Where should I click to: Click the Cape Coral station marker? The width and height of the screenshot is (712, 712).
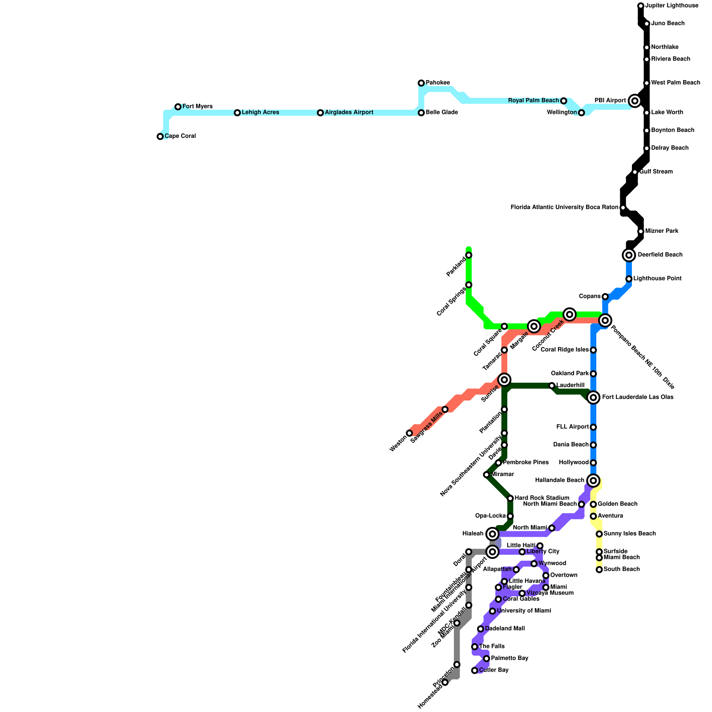click(160, 137)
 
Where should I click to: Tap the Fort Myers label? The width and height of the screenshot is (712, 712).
click(197, 107)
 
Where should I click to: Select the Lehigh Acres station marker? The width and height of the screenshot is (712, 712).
click(237, 113)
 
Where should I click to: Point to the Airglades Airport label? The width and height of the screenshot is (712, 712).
click(349, 113)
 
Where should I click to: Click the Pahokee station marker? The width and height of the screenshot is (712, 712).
click(421, 83)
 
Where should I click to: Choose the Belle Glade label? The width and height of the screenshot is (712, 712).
click(441, 113)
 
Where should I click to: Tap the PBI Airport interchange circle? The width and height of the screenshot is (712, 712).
click(635, 101)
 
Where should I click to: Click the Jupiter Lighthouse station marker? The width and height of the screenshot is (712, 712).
click(641, 6)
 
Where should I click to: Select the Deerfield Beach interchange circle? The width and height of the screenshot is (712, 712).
click(629, 255)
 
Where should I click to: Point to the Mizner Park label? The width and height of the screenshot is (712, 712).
click(661, 231)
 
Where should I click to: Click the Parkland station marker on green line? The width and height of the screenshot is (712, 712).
click(469, 255)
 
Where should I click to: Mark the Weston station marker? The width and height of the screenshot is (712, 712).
click(409, 433)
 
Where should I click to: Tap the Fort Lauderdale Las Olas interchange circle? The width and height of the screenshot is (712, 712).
click(593, 397)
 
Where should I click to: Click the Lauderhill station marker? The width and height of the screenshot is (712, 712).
click(552, 385)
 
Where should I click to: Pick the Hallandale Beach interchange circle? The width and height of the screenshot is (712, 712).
click(593, 481)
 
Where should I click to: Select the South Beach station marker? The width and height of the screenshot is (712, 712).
click(599, 570)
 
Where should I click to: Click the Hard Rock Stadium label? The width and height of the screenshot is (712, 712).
click(542, 498)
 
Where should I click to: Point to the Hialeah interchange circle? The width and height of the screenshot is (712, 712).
click(492, 534)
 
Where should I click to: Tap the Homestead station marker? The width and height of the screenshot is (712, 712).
click(445, 683)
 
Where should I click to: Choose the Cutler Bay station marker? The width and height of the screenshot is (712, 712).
click(475, 671)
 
